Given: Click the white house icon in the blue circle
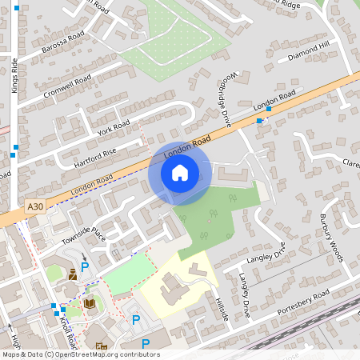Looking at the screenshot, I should point(179,172).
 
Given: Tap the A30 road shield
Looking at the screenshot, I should point(33,206).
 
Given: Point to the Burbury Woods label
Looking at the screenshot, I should point(330,238).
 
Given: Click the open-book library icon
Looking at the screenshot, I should point(90,303).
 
